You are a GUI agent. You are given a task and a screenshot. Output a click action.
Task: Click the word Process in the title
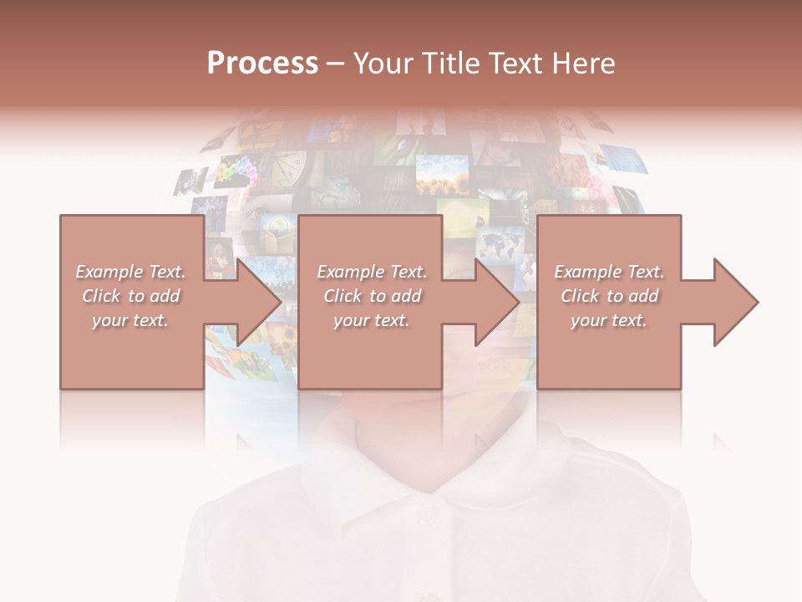(262, 64)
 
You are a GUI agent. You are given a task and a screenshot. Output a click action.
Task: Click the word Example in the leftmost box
(106, 272)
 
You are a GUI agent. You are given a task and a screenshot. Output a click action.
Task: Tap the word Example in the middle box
(347, 272)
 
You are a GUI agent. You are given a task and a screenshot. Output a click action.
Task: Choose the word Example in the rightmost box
(585, 272)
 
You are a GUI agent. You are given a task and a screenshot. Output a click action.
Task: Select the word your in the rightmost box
(588, 321)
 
